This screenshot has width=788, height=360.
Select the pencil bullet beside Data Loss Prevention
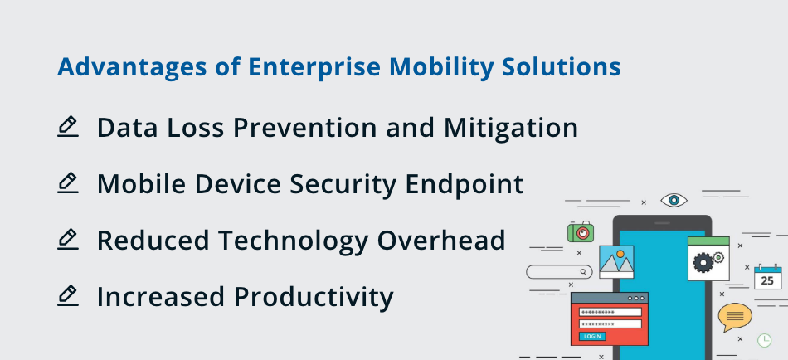tap(68, 127)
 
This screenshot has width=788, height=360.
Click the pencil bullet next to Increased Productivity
tap(68, 295)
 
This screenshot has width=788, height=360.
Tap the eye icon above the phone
tap(674, 200)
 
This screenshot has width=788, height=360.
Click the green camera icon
tap(581, 232)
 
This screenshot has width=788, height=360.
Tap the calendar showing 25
tap(767, 278)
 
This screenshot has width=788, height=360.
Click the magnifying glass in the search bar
tap(584, 271)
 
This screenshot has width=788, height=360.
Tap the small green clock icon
tap(764, 340)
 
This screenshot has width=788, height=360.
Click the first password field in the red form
tap(610, 312)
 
